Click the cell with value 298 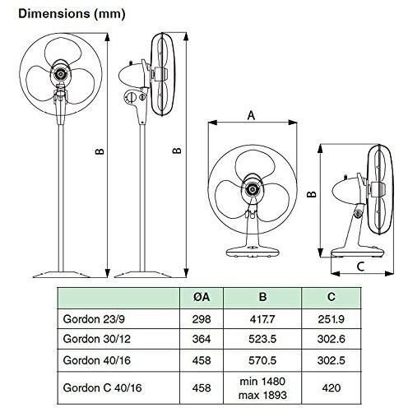(x=201, y=316)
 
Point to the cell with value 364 (x=201, y=338)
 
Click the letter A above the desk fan (x=250, y=116)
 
